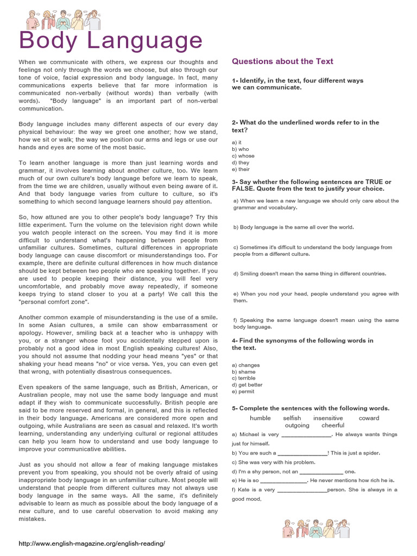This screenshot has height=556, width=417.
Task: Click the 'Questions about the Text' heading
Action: [282, 61]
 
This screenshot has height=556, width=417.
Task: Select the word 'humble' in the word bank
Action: [260, 418]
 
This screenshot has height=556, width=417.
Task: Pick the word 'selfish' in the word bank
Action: [292, 418]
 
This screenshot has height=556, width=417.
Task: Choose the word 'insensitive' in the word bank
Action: [328, 418]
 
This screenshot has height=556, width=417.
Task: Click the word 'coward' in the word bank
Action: [369, 418]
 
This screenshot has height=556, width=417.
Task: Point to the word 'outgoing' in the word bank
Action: [297, 426]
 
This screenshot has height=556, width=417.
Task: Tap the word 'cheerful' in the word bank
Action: [333, 426]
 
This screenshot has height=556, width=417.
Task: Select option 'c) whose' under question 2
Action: [243, 156]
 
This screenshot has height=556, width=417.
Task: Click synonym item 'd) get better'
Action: [247, 385]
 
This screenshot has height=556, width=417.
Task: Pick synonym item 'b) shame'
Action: [243, 372]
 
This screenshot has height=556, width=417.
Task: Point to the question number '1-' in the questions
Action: [235, 80]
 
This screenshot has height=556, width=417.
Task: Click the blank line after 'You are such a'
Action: [302, 453]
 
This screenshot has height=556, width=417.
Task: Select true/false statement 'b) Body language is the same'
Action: [293, 227]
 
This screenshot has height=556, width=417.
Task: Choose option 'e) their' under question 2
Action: [241, 169]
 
